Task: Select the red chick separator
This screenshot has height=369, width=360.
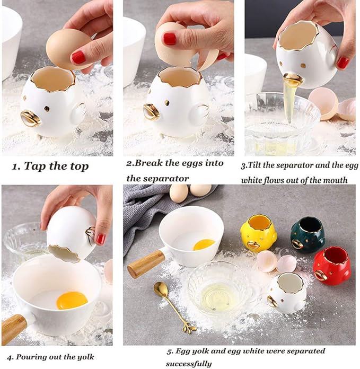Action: click(x=331, y=266)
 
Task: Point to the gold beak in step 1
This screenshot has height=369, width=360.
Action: click(x=30, y=118)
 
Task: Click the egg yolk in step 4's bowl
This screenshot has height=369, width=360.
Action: click(x=72, y=300)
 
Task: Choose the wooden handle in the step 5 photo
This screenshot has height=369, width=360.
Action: click(x=145, y=263)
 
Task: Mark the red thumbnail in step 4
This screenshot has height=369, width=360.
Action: click(x=100, y=239)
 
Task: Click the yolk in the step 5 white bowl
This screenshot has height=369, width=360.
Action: click(x=204, y=244)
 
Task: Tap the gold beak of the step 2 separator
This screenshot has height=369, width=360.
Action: click(x=152, y=111)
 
